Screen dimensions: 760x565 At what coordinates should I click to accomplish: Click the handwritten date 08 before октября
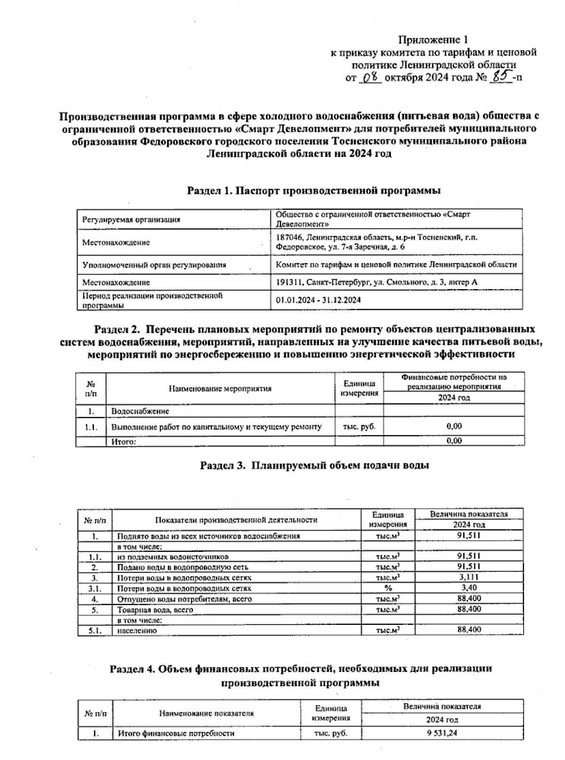371,77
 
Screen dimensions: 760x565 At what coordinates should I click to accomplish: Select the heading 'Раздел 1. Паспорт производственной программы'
314,191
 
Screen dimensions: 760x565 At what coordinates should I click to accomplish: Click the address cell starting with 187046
377,242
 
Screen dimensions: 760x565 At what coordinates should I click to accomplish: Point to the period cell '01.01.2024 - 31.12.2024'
318,300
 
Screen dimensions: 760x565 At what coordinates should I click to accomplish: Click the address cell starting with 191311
377,282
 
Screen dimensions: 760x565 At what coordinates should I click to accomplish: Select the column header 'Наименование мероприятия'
220,388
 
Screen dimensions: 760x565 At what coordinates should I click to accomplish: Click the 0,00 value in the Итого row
454,441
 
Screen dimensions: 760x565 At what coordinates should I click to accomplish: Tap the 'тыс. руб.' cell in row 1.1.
359,427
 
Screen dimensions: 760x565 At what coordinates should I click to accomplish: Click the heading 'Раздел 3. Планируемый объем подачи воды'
315,465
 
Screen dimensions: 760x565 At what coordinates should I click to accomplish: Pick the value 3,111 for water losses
468,577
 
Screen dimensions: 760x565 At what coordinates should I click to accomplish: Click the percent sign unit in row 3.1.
388,588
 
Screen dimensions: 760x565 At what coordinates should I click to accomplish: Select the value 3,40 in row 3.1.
468,588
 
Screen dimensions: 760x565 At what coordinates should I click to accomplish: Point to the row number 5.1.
95,631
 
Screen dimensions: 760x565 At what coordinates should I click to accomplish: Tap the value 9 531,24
442,733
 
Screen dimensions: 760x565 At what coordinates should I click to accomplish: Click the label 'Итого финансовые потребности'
176,733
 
